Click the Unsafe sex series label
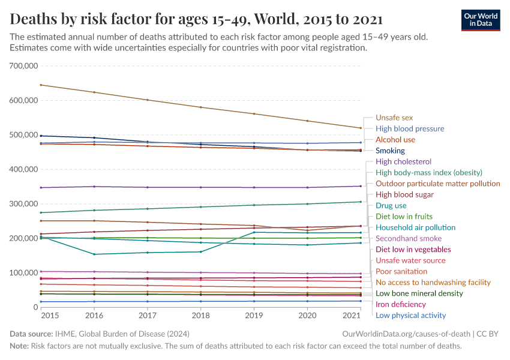[394, 118]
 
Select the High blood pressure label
[410, 128]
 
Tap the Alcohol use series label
[395, 140]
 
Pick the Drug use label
[391, 205]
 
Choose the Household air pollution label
[415, 227]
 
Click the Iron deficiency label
[400, 304]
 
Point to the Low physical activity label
[410, 316]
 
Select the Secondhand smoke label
[408, 238]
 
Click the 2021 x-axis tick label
[352, 316]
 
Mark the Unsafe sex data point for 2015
[40, 85]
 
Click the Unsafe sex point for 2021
[360, 128]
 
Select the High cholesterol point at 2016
[94, 187]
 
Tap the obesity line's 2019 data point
[254, 205]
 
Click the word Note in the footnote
[19, 346]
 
